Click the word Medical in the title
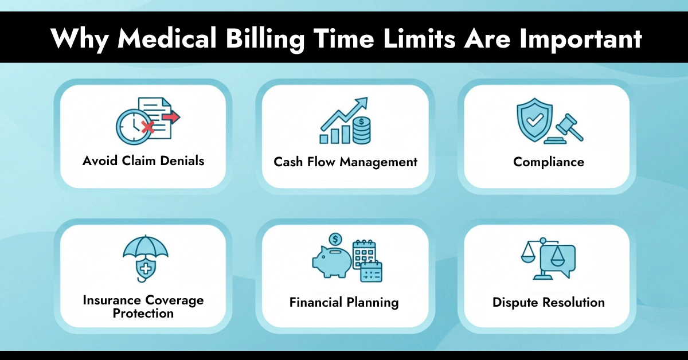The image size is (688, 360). click(x=173, y=38)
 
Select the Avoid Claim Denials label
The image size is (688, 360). click(x=143, y=161)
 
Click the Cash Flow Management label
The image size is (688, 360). click(x=345, y=162)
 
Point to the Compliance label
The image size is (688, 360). click(x=549, y=162)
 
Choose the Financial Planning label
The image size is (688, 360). click(x=344, y=302)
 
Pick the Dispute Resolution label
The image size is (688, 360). click(x=549, y=302)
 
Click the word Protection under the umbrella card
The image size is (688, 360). click(x=143, y=314)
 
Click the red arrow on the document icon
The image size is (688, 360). click(x=171, y=118)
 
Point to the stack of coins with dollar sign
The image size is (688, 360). click(x=361, y=131)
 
